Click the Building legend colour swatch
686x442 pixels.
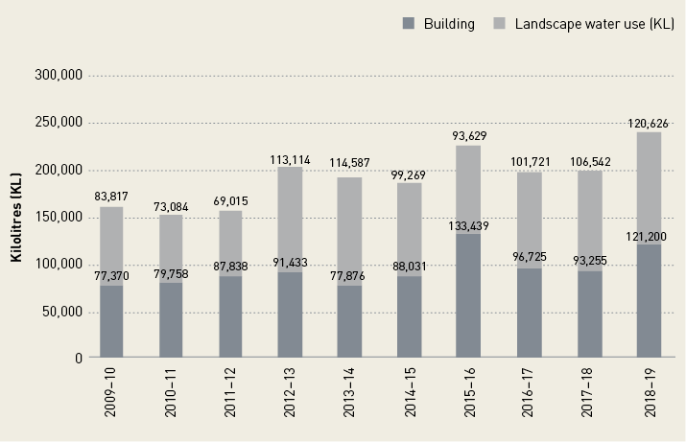point(407,24)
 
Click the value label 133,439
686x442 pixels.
point(468,226)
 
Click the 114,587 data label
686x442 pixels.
point(349,163)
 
